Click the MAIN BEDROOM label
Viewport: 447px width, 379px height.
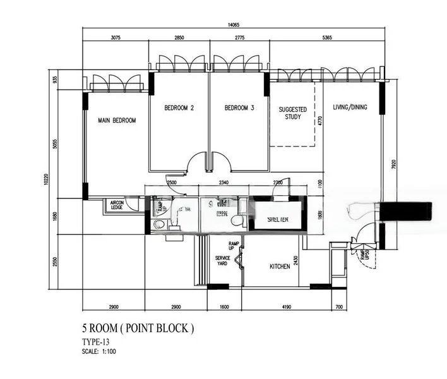[117, 120]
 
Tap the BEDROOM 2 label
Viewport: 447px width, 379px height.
[179, 108]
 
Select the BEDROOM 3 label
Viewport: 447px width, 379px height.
[239, 108]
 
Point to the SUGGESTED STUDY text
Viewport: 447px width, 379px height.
[293, 113]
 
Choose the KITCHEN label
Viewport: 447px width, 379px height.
[280, 267]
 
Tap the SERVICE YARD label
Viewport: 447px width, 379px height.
[222, 260]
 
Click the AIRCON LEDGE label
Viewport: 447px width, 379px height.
[117, 204]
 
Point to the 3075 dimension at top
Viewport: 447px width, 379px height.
[115, 38]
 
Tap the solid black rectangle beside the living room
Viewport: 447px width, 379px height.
[407, 211]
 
